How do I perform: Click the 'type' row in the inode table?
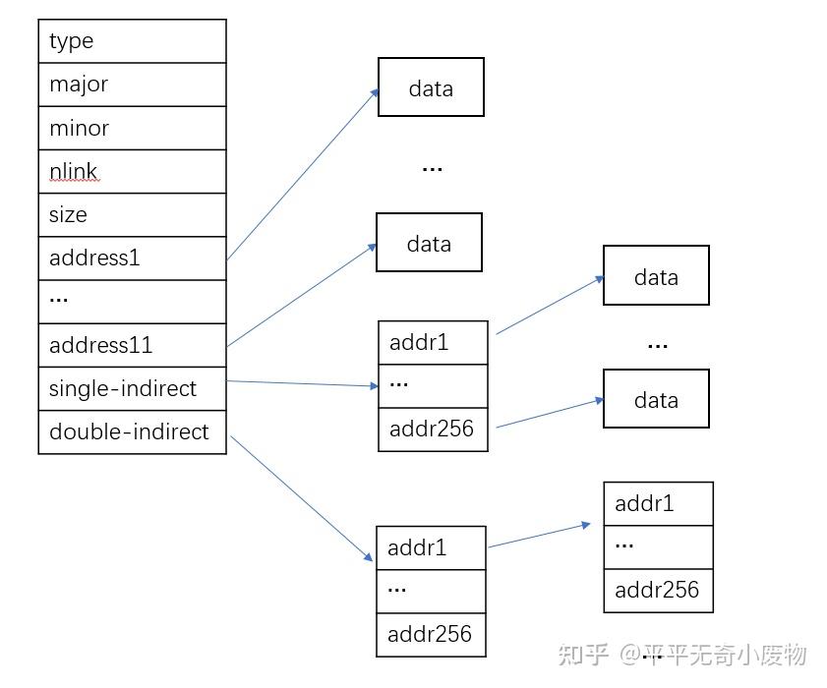132,41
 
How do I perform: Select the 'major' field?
132,85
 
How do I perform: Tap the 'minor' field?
132,128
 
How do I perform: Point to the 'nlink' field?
132,171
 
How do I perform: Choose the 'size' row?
132,214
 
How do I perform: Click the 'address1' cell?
132,258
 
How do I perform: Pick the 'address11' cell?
132,345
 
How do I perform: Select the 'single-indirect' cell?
132,388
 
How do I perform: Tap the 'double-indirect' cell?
132,431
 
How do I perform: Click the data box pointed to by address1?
431,87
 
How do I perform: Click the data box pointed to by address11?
429,243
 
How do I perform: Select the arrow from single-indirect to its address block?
302,384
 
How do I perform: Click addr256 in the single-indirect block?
433,429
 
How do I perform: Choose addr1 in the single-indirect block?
433,342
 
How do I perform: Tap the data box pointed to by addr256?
656,399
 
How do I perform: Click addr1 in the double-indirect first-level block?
431,547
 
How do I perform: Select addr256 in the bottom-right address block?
658,590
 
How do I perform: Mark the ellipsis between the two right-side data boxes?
657,345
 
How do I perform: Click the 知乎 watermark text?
584,655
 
